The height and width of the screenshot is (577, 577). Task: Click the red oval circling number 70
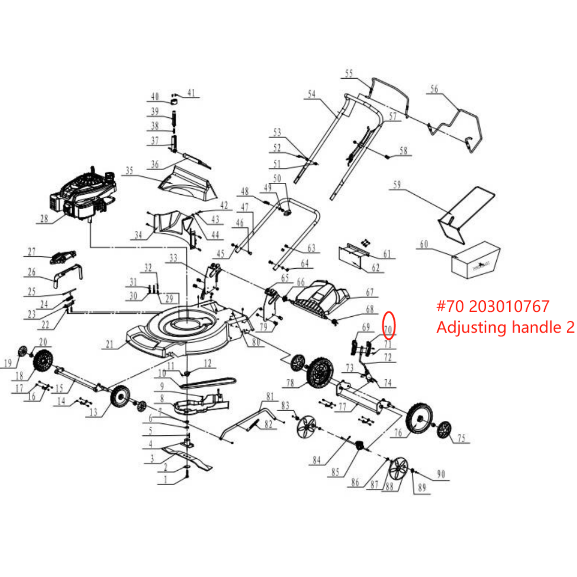tap(388, 325)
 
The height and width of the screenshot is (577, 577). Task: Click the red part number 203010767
tap(509, 307)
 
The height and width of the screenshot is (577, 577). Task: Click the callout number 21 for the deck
tap(110, 344)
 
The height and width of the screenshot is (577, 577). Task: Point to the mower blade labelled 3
tap(188, 457)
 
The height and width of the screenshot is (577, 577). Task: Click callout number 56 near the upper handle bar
tap(434, 89)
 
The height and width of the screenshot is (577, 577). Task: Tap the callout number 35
tap(129, 170)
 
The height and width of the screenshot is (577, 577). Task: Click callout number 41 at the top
tap(191, 93)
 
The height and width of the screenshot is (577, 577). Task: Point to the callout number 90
tap(441, 474)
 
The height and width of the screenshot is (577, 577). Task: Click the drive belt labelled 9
tap(207, 383)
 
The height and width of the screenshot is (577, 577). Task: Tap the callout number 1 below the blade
tap(166, 480)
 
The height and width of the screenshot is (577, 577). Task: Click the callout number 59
tap(397, 185)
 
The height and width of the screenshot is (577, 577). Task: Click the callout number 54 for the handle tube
tap(312, 94)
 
